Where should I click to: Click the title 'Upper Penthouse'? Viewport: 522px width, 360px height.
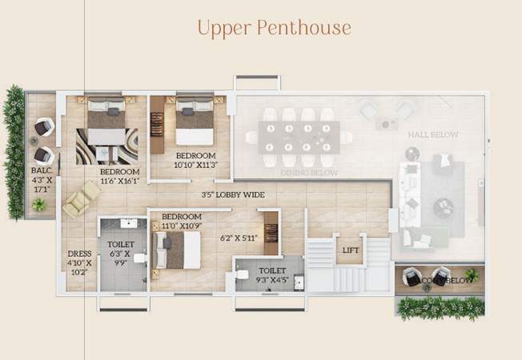point(275,28)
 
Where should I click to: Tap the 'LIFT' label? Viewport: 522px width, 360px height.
point(349,250)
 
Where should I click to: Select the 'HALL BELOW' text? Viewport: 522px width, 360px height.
point(432,135)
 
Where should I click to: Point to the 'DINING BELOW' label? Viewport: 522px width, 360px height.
point(308,173)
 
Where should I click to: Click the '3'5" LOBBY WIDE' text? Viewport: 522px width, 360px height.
point(233,194)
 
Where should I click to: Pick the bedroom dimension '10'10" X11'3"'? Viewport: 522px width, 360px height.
point(196,165)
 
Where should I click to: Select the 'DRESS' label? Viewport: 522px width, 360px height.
point(78,255)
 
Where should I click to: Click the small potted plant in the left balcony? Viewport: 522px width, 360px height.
point(38,205)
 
